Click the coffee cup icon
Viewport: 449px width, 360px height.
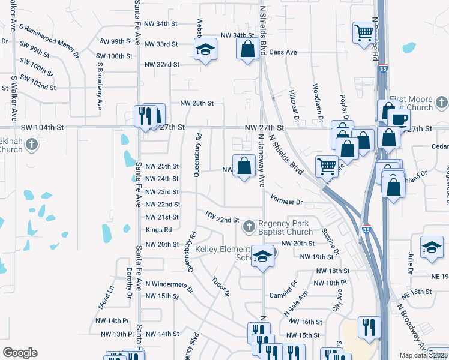399,118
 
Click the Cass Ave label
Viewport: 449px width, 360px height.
283,52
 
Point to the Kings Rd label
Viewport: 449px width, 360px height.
158,230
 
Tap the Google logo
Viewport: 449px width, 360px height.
20,353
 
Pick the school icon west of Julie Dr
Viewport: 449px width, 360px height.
431,248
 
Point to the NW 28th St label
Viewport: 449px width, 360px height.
196,103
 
